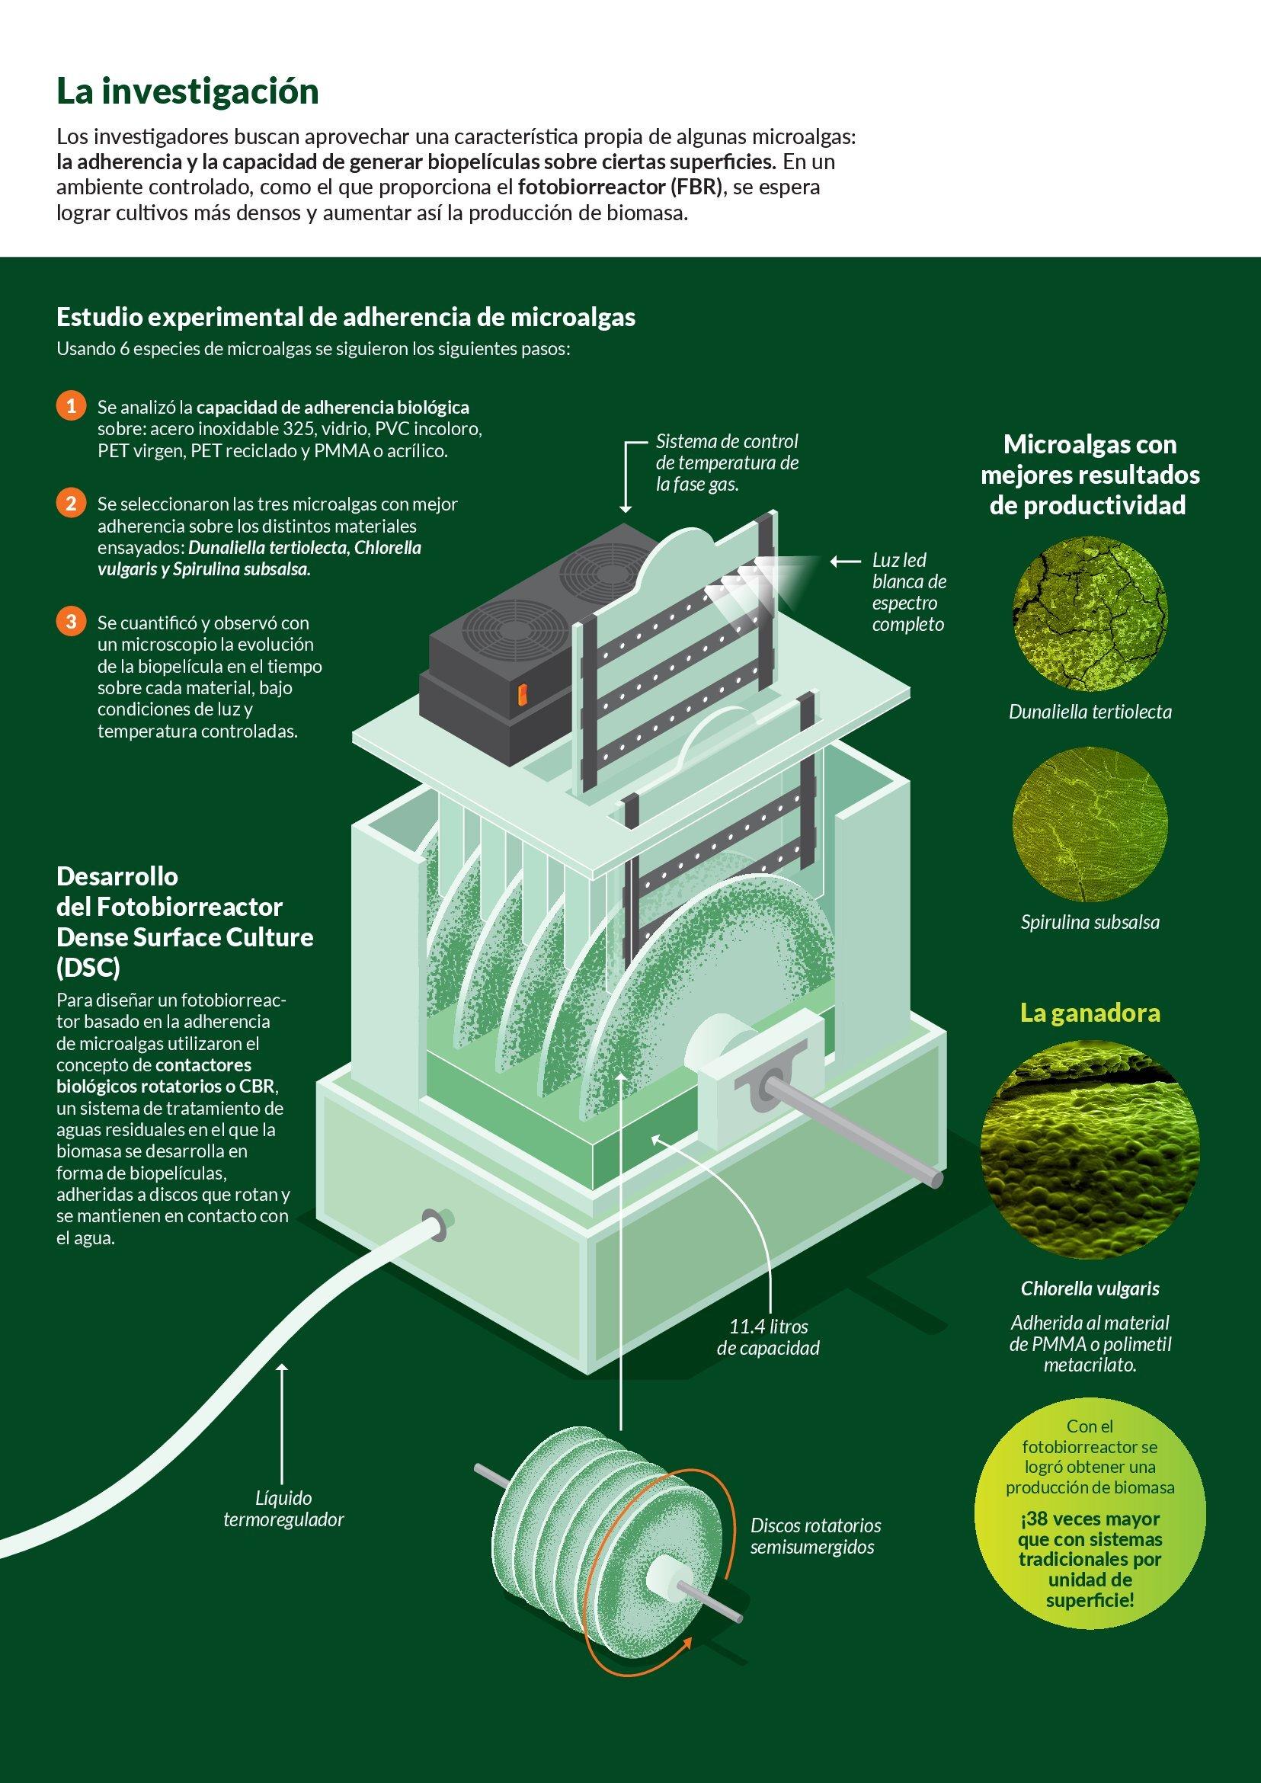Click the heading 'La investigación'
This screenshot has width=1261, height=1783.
tap(187, 92)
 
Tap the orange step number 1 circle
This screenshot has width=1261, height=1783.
tap(71, 406)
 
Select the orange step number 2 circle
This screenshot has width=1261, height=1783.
tap(71, 503)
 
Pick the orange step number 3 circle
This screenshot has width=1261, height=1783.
tap(71, 622)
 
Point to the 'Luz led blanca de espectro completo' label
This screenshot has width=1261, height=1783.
tap(908, 592)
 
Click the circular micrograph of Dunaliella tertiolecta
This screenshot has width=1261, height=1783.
tap(1090, 615)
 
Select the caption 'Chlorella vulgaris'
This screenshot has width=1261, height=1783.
tap(1090, 1289)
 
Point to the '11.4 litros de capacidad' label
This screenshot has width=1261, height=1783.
tap(768, 1337)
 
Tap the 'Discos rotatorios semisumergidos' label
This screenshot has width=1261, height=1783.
tap(815, 1536)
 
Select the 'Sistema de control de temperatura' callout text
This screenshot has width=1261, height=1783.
tap(727, 463)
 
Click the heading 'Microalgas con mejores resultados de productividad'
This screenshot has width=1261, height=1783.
tap(1090, 475)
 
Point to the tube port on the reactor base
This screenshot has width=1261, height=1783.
tap(431, 1221)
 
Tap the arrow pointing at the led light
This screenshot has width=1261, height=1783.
tap(845, 560)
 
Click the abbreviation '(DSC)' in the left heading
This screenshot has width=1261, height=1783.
tap(88, 968)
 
